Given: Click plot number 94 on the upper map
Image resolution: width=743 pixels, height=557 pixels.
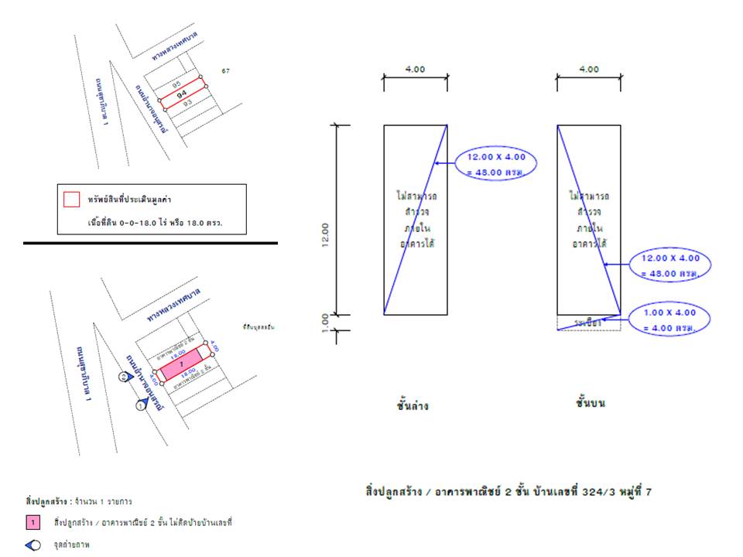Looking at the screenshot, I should click(x=183, y=94).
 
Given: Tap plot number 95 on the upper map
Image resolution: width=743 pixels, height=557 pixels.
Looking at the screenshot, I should click(x=176, y=84).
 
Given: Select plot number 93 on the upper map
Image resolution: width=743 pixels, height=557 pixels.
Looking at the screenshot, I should click(x=187, y=103).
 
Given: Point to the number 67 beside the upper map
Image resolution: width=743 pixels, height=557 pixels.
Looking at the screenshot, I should click(x=226, y=71).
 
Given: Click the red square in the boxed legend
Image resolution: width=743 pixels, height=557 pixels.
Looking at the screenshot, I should click(x=71, y=200).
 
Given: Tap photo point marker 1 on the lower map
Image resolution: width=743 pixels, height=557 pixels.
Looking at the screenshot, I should click(x=142, y=405).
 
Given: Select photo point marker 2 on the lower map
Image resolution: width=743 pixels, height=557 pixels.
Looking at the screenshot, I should click(x=124, y=377).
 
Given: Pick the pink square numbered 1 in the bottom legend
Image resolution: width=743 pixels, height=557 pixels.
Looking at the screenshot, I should click(x=33, y=522).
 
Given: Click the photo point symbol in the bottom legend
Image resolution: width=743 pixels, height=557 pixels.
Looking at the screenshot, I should click(x=33, y=545).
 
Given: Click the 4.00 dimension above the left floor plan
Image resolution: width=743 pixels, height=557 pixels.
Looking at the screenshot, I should click(x=415, y=70).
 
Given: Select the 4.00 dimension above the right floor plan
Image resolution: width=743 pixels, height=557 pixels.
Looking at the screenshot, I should click(x=589, y=70).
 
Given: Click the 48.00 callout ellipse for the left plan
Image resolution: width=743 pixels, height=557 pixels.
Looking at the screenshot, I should click(x=496, y=164).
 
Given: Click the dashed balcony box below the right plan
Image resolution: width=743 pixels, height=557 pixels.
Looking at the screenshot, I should click(x=589, y=323).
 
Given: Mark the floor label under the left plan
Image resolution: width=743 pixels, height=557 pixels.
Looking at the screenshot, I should click(x=413, y=405).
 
